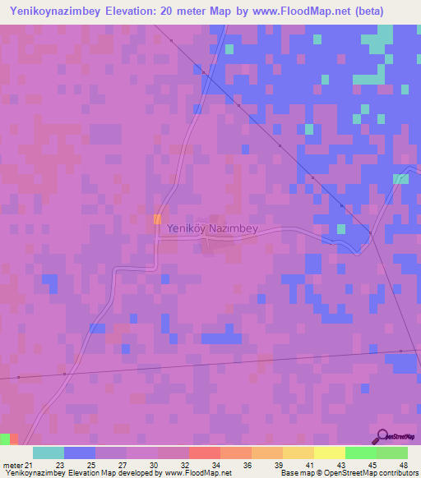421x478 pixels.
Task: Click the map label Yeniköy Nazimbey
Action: [x=212, y=229]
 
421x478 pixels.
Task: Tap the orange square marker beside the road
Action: [x=157, y=218]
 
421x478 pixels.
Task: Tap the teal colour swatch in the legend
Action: [x=49, y=453]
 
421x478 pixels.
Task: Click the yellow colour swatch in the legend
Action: [x=329, y=453]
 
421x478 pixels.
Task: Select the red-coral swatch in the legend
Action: [x=204, y=453]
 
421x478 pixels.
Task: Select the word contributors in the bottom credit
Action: [x=397, y=473]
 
